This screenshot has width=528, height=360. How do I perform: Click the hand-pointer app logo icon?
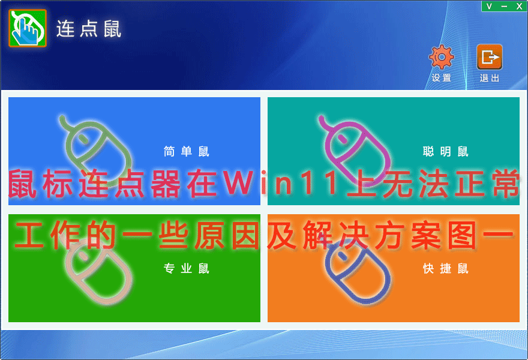pos(28,28)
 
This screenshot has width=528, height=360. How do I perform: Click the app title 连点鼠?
pos(89,29)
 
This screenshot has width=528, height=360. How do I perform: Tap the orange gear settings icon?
pos(442,57)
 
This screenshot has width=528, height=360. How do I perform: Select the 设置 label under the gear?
pos(442,78)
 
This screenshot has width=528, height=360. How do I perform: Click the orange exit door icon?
pos(490,57)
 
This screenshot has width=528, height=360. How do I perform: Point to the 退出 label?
pos(490,78)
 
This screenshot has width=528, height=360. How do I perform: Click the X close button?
pos(519,7)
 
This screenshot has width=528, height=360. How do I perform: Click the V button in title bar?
pos(489,7)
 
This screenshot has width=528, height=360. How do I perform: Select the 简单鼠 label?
pos(187,152)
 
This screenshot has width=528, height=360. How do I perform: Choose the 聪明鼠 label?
pos(445,152)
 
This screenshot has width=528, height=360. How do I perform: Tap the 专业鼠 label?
pos(187,268)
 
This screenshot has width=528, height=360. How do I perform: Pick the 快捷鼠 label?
pos(445,268)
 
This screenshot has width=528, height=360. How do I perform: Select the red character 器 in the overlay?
pos(165,184)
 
